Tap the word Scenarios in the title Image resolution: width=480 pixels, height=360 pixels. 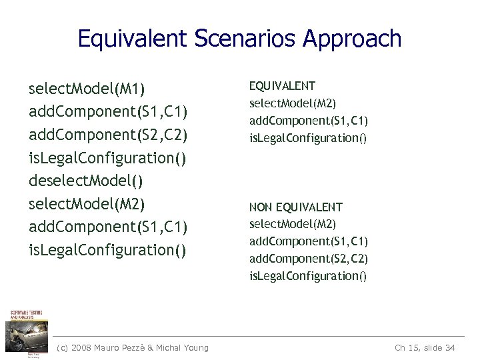[245, 39]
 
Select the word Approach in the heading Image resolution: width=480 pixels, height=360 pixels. [352, 39]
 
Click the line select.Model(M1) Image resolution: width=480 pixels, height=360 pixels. [87, 89]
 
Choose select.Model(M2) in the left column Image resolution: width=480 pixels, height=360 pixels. [87, 203]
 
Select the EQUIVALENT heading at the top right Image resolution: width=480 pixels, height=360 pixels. [282, 86]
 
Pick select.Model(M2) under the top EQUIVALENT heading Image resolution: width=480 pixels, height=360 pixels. [293, 103]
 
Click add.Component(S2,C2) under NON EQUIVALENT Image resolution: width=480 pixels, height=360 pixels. [309, 258]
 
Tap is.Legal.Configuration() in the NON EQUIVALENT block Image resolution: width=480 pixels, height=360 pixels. [308, 275]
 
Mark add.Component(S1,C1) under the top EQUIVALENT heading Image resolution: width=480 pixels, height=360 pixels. [309, 121]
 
